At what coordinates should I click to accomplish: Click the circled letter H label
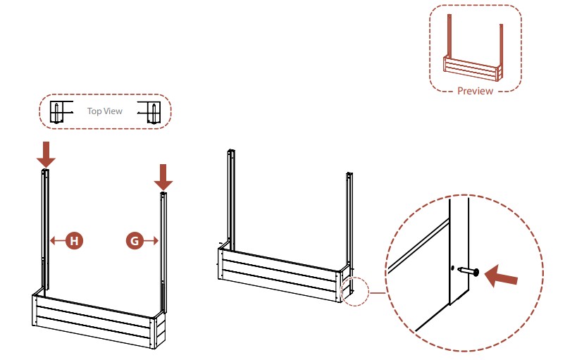tap(74, 241)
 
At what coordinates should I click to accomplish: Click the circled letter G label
tap(134, 241)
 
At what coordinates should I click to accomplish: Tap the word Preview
tap(476, 91)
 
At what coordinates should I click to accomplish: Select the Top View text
tap(104, 111)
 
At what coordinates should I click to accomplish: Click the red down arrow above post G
tap(163, 176)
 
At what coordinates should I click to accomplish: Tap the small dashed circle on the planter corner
tap(352, 290)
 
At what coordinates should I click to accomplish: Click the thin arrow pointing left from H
tap(57, 241)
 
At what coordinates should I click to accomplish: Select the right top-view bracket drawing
tap(151, 112)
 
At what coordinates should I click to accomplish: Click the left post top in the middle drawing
tap(230, 151)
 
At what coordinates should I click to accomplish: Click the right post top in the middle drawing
tap(349, 174)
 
